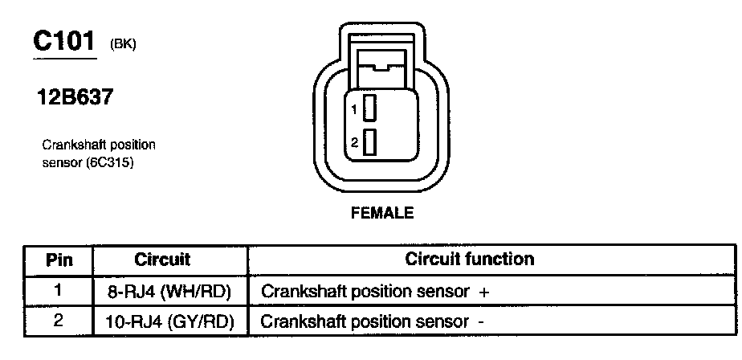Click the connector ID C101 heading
64,42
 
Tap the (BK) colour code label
123,45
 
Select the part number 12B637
73,100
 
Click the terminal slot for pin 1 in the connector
370,108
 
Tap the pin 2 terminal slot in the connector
370,142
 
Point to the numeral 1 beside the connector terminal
354,108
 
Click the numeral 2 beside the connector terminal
354,143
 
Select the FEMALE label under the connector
381,213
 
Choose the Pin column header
59,260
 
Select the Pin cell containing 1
59,291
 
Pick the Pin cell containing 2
59,321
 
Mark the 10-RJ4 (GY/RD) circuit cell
169,321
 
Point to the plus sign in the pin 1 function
483,292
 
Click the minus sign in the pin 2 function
481,321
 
